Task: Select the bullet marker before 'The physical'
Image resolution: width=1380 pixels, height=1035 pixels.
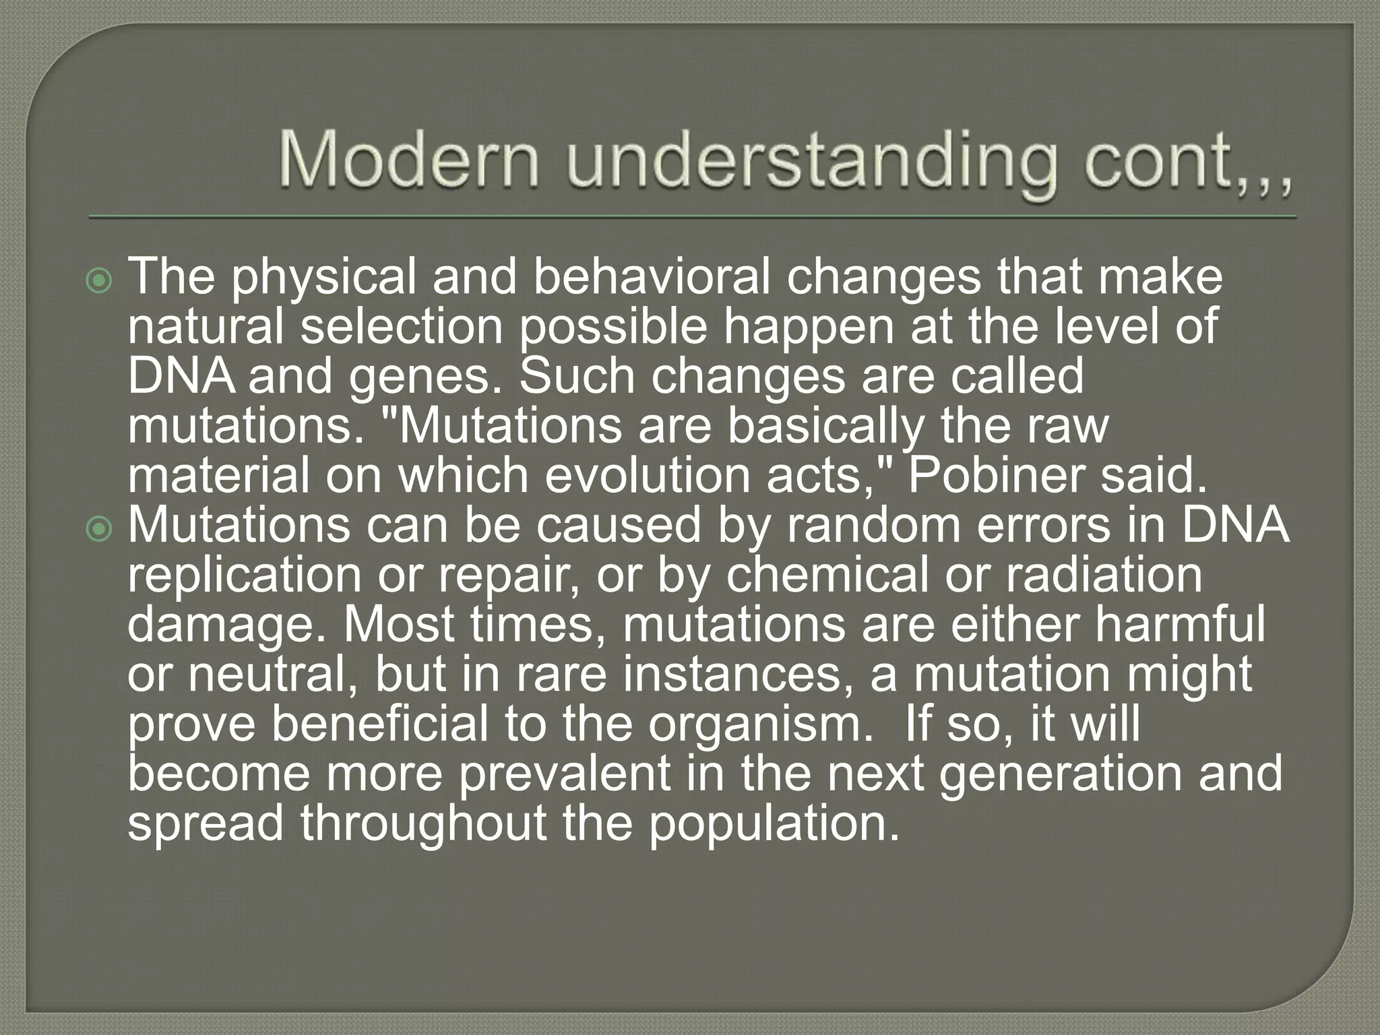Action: pos(100,280)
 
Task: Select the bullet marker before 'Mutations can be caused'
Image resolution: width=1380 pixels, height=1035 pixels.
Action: pos(100,530)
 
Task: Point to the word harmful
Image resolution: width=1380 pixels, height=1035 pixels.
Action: pos(1179,624)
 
